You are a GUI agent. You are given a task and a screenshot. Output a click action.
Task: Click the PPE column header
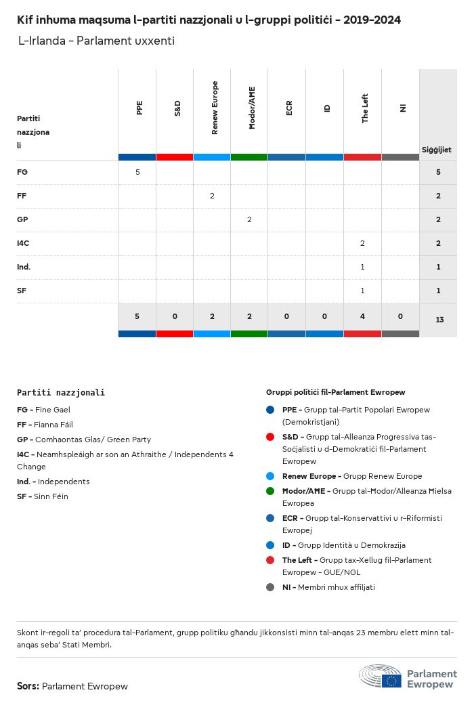(139, 107)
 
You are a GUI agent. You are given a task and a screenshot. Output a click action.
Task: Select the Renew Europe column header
(215, 107)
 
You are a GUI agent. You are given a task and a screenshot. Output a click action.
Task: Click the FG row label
(22, 172)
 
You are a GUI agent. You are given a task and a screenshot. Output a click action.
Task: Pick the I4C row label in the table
(23, 243)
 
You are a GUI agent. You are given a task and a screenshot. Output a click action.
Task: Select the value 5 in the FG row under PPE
(137, 172)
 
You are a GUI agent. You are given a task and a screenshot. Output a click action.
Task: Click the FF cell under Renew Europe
(212, 196)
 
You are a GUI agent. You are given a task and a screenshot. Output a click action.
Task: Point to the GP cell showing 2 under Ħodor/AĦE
(249, 219)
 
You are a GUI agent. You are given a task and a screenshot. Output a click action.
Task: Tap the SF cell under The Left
(362, 291)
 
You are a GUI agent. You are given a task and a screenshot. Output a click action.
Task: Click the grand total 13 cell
(439, 319)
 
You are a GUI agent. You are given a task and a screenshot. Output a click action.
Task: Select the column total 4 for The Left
(362, 316)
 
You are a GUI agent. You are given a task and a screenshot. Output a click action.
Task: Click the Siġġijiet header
(437, 150)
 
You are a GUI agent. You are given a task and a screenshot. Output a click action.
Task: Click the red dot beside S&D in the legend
(270, 437)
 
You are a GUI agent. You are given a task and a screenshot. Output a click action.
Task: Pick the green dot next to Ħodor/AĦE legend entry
(270, 491)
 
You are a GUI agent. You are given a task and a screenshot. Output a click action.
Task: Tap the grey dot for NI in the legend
(270, 587)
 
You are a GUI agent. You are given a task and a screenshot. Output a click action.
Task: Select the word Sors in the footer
(28, 686)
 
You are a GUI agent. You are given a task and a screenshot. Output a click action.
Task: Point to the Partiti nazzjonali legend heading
(61, 392)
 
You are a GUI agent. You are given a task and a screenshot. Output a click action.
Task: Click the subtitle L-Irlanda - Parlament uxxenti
(96, 41)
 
